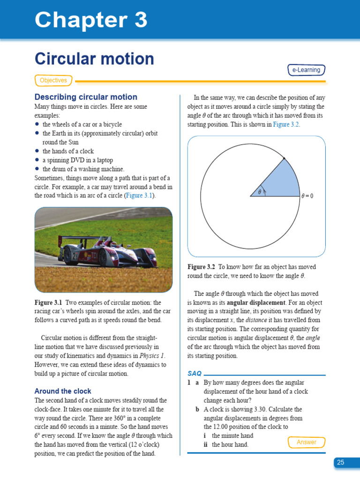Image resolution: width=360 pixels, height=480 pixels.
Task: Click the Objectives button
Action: (53, 81)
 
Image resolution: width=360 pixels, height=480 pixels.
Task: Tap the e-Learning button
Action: (306, 70)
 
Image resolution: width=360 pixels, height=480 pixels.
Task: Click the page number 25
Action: (340, 462)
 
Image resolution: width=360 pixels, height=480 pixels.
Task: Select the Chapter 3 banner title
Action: (91, 20)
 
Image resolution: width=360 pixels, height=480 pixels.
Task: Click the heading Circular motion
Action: (94, 59)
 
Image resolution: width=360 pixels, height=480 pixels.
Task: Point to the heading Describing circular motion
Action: (86, 97)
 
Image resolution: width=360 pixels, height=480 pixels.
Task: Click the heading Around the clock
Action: (63, 391)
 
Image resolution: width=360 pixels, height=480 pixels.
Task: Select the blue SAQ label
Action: (195, 374)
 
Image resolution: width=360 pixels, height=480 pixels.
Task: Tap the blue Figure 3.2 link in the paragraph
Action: (286, 125)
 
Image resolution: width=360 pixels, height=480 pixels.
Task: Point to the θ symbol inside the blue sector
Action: (259, 191)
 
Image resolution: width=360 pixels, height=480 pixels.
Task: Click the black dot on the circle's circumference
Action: (284, 160)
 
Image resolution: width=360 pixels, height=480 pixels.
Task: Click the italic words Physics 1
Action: (151, 356)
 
